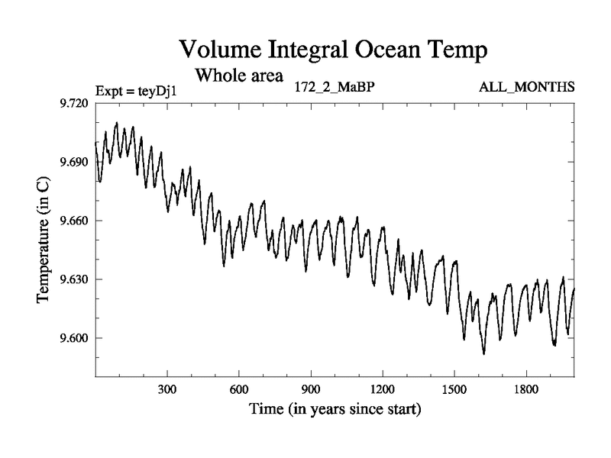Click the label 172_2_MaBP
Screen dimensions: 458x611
tap(335, 86)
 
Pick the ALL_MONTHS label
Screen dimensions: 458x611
tap(526, 87)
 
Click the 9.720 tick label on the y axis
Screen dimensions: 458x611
tap(74, 104)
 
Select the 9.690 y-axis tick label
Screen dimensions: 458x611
tap(74, 163)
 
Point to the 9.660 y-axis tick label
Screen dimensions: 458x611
tap(74, 221)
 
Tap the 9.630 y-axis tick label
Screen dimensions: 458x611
tap(74, 279)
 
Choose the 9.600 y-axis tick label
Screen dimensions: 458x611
tap(74, 338)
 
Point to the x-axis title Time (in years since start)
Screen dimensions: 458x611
tap(335, 411)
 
